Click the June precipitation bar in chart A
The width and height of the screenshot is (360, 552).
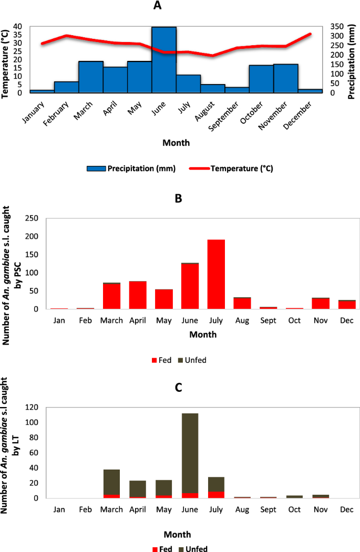pyautogui.click(x=163, y=59)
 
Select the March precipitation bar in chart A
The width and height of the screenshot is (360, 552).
pyautogui.click(x=90, y=77)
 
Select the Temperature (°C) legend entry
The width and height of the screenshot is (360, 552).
pyautogui.click(x=234, y=169)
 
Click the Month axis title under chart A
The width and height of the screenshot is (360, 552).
pyautogui.click(x=176, y=142)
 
